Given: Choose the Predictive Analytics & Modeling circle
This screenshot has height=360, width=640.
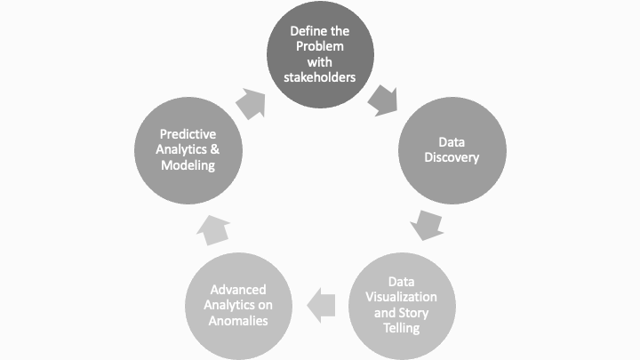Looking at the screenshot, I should (x=188, y=149).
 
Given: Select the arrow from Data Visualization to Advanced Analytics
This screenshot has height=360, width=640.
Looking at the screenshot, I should (x=321, y=305).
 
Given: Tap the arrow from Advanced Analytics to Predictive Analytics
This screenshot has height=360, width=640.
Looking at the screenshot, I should (x=213, y=231).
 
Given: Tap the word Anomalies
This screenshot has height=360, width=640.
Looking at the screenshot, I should (x=239, y=321).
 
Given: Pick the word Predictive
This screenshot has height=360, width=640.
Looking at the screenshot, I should (x=188, y=133).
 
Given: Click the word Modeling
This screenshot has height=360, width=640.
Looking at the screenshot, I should (x=188, y=165).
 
